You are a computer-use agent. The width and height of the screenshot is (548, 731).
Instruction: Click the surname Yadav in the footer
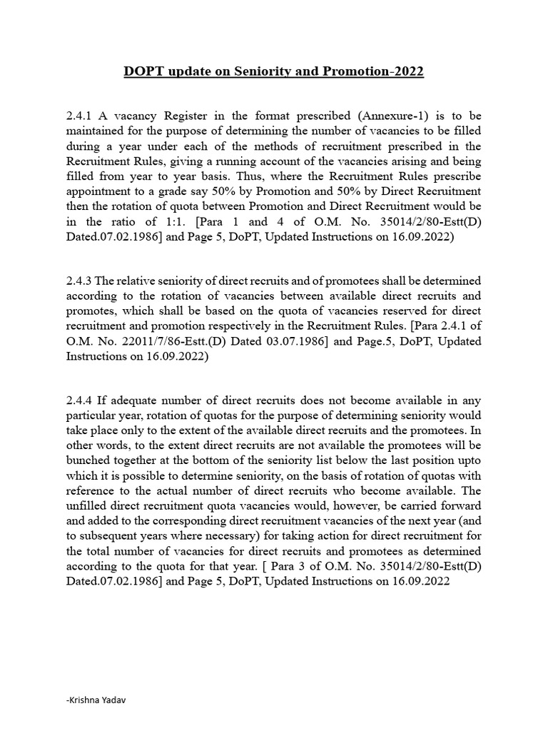pos(117,700)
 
